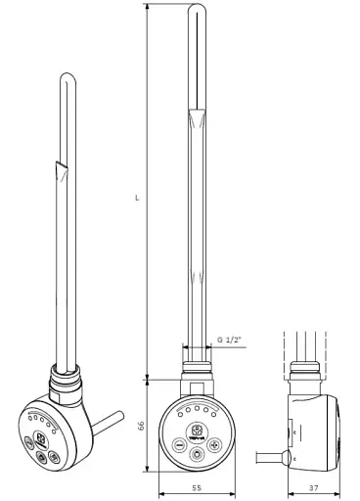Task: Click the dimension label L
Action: tap(137, 198)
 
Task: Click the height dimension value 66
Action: tap(141, 425)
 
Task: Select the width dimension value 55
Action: tap(197, 487)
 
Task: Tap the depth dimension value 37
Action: tap(313, 487)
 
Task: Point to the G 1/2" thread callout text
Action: tap(230, 340)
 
